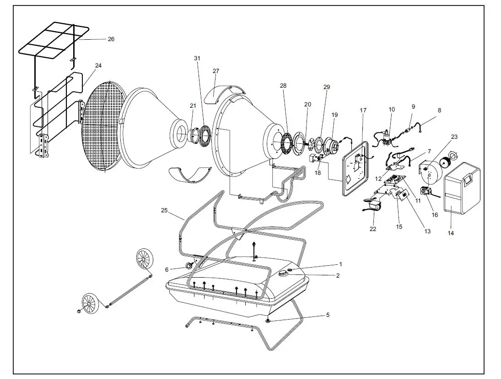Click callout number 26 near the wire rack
pos(111,39)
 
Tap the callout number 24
pos(98,66)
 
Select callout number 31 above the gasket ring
pos(197,58)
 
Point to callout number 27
pos(216,71)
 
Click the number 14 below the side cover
pos(451,233)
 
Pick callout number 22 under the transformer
pos(373,229)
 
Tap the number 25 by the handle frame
pos(164,211)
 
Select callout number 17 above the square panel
pos(363,111)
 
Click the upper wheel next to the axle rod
pos(145,259)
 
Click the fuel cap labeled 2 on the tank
pos(284,273)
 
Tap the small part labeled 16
pos(427,193)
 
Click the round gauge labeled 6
pos(188,266)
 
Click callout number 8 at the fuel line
pos(440,110)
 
